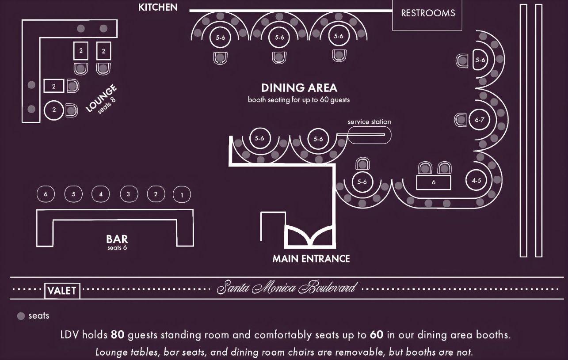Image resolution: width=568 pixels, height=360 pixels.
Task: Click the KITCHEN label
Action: point(158,8)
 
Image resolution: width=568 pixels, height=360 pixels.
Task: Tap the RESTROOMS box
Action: point(427,15)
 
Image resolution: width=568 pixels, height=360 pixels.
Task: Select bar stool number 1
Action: point(182,194)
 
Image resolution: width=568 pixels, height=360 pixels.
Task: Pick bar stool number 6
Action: point(46,194)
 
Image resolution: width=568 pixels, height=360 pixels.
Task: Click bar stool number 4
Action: point(101,194)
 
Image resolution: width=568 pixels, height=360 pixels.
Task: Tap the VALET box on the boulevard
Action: point(62,291)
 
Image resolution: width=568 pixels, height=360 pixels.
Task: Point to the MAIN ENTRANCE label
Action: point(311,259)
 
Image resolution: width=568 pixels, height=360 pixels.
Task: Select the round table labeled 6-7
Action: point(479,120)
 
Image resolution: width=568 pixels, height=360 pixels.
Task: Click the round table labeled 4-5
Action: point(476,180)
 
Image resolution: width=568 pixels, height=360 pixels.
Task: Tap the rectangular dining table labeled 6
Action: point(434,182)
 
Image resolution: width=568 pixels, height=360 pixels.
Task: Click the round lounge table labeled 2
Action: point(54,110)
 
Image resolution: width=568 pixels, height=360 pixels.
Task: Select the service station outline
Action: point(369,135)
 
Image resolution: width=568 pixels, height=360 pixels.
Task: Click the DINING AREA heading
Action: point(299,88)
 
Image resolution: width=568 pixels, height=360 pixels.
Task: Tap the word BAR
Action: point(117,239)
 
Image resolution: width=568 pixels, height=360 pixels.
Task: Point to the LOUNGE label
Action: point(101,98)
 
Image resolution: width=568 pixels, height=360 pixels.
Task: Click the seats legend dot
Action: point(21,316)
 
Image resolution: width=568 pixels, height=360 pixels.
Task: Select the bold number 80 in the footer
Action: point(118,335)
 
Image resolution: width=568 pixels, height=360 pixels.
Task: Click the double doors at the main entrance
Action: point(310,237)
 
